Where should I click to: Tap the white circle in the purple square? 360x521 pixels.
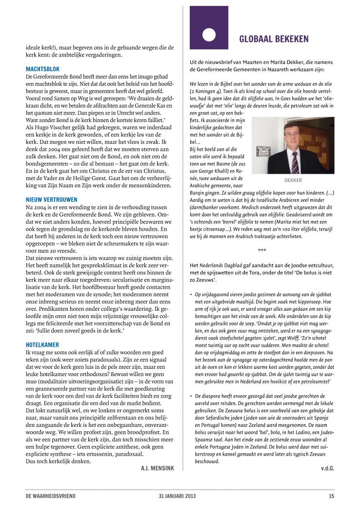[209, 34]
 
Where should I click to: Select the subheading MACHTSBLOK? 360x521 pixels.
[42, 69]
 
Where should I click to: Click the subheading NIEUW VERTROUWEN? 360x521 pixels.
[52, 200]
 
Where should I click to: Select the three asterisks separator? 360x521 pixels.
[262, 250]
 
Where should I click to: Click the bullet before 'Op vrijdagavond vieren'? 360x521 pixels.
[191, 295]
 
